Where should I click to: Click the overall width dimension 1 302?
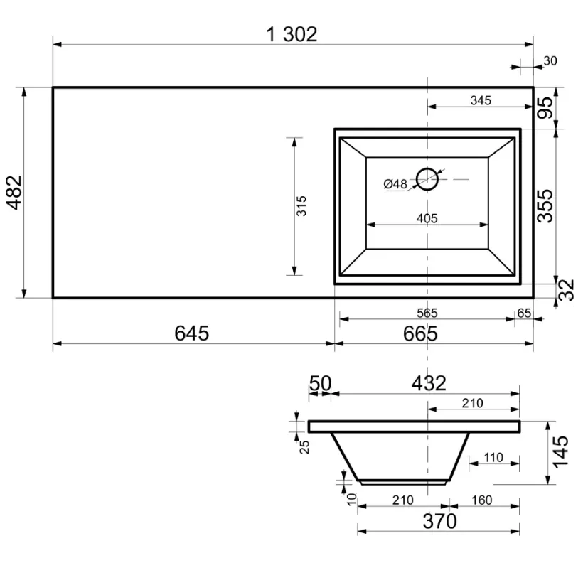pos(292,34)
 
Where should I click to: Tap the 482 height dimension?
pos(14,193)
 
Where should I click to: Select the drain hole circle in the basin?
pos(427,179)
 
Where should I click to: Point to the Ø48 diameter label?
pos(395,184)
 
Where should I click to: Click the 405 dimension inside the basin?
pos(427,218)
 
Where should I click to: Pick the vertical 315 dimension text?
pos(301,205)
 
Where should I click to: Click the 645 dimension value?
pos(192,333)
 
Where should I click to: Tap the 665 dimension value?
pos(420,333)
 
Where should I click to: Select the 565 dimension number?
pos(427,313)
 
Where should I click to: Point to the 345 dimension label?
pos(481,100)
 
